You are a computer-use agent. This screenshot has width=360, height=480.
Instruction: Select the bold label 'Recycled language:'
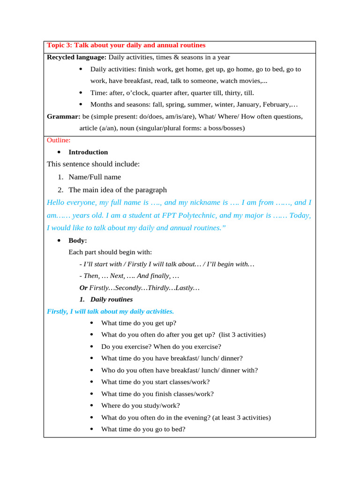(77, 57)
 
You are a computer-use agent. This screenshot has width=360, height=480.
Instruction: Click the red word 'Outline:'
(59, 140)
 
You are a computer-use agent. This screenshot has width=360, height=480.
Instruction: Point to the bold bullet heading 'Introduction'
(88, 152)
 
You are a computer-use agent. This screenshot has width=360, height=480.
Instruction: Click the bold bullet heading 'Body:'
(78, 240)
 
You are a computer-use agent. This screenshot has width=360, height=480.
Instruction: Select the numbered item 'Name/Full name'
(95, 177)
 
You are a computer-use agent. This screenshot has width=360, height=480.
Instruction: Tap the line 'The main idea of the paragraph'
(118, 190)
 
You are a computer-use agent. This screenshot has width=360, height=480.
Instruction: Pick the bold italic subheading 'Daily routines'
(112, 299)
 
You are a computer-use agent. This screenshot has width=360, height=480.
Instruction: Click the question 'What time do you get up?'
(139, 323)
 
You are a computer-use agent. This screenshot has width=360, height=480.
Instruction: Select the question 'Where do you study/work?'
(140, 405)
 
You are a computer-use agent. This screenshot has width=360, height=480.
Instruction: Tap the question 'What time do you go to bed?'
(143, 429)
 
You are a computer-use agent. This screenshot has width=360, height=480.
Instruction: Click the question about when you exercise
(161, 346)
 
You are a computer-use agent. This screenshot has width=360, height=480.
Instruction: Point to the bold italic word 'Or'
(83, 287)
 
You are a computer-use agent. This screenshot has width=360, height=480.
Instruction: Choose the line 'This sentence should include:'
(93, 164)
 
